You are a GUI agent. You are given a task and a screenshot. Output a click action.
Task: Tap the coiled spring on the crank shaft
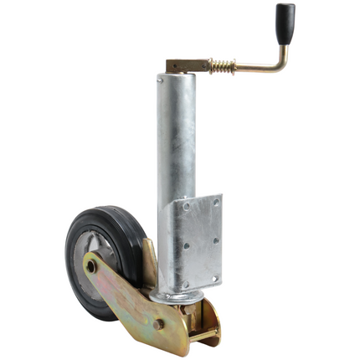pyautogui.click(x=221, y=64)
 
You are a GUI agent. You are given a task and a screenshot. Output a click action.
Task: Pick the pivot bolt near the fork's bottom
pyautogui.click(x=158, y=323)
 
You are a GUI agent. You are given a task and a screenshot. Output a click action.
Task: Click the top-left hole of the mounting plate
pyautogui.click(x=185, y=206)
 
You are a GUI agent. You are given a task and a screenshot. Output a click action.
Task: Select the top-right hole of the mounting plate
pyautogui.click(x=215, y=201)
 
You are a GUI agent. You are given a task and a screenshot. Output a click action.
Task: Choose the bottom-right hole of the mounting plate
pyautogui.click(x=215, y=278)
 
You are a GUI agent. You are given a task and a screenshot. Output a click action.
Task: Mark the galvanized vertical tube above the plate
pyautogui.click(x=176, y=134)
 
